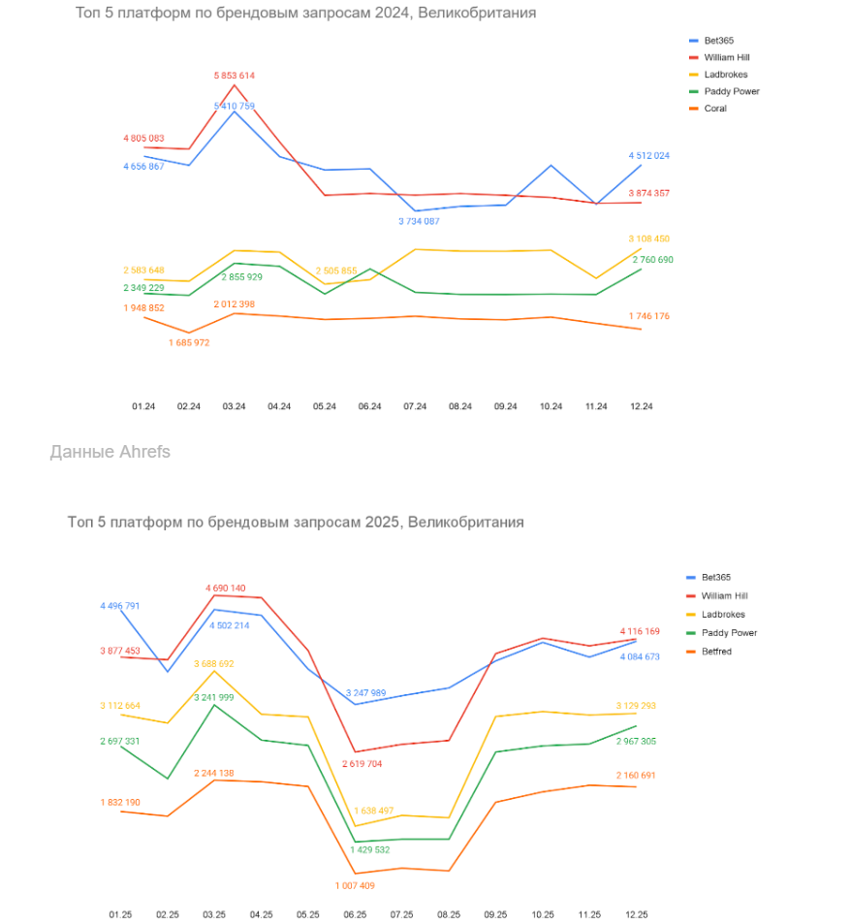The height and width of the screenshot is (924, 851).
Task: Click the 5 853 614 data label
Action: point(235,76)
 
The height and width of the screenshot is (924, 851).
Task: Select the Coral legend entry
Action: point(714,109)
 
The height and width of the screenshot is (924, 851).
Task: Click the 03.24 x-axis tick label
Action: point(235,406)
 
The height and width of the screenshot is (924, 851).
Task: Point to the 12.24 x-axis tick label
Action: point(641,406)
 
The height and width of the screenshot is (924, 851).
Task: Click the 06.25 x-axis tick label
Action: point(355,914)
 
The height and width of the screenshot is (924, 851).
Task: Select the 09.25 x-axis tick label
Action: point(495,914)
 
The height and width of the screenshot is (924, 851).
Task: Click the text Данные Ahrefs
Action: point(110,452)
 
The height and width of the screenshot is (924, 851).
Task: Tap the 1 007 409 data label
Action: point(355,885)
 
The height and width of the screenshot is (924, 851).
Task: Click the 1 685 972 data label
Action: point(189,342)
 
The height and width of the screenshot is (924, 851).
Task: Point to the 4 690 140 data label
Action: point(225,589)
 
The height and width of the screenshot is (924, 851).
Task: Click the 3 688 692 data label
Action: point(213,664)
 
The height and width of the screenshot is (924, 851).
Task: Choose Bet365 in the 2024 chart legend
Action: point(719,41)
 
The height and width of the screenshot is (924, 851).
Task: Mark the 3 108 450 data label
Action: point(648,239)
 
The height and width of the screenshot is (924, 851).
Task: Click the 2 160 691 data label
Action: point(636,776)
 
